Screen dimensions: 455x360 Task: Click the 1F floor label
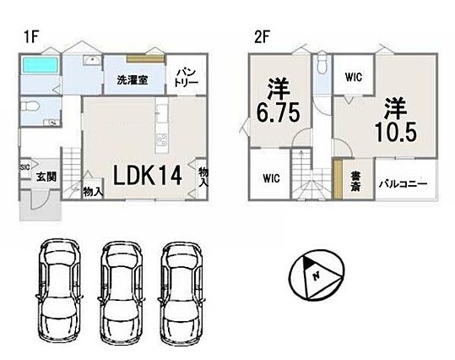pyautogui.click(x=31, y=37)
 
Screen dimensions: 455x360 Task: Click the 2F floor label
pyautogui.click(x=262, y=37)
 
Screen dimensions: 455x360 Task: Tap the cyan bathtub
pyautogui.click(x=41, y=65)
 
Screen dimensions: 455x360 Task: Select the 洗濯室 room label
pyautogui.click(x=133, y=80)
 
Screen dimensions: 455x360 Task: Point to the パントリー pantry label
pyautogui.click(x=187, y=78)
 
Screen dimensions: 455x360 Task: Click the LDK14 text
pyautogui.click(x=148, y=175)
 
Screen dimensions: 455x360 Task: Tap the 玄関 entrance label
pyautogui.click(x=46, y=177)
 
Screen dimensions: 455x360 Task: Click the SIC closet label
pyautogui.click(x=24, y=167)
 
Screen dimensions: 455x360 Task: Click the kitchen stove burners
pyautogui.click(x=161, y=140)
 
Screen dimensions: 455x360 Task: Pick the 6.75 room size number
pyautogui.click(x=278, y=112)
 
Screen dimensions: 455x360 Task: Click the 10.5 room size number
pyautogui.click(x=396, y=132)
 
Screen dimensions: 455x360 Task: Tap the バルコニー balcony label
pyautogui.click(x=404, y=183)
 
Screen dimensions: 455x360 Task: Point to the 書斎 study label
pyautogui.click(x=355, y=181)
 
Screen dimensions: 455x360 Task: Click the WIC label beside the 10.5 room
pyautogui.click(x=354, y=77)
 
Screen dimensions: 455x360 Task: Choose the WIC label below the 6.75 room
pyautogui.click(x=271, y=177)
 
